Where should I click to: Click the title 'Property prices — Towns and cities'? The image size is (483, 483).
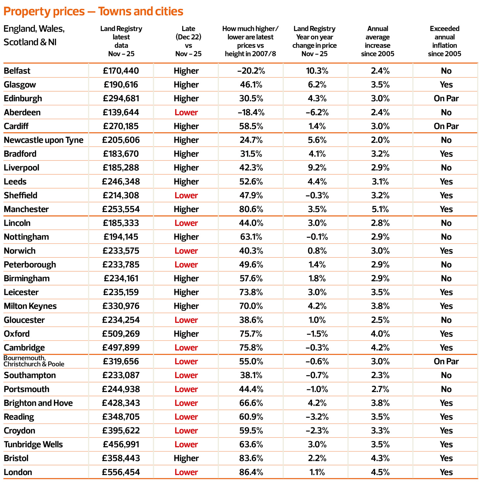coord(93,12)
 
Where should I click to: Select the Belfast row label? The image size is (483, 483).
coord(17,71)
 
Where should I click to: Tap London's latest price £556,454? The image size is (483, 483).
coord(121,472)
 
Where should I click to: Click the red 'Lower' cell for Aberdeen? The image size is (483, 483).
coord(186,112)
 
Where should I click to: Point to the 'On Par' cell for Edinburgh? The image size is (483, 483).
coord(446,99)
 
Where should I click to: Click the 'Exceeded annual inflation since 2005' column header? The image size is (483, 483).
coord(444,41)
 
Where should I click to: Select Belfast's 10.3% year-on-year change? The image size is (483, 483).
coord(317,71)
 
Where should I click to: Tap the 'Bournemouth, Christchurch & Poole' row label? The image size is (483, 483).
coord(34,361)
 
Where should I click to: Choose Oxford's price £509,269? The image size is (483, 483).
coord(121,334)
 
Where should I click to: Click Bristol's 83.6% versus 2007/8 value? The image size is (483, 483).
coord(251,458)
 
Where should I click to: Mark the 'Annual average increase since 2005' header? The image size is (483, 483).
coord(377,41)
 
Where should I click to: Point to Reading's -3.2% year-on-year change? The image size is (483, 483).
coord(317,417)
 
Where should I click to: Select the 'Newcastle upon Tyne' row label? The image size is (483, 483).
coord(43,140)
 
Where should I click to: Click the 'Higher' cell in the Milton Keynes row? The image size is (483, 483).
coord(186,306)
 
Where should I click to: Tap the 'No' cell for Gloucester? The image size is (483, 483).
coord(446,320)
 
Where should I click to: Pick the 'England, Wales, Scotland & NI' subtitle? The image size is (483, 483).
coord(34,35)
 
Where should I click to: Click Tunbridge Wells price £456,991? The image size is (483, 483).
coord(121,444)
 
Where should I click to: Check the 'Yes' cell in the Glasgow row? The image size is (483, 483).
coord(446,85)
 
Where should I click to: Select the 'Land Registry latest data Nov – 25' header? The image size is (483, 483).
coord(121,41)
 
